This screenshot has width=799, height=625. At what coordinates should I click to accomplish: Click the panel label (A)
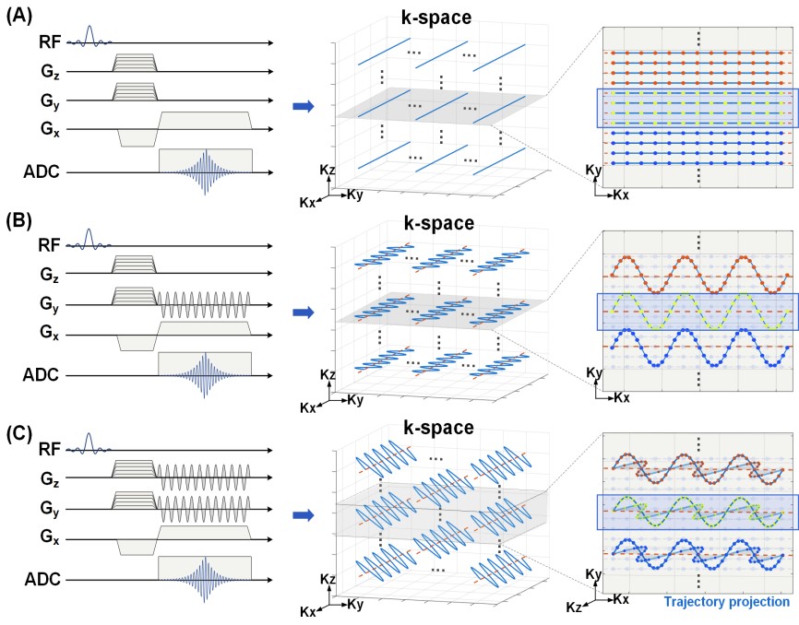(x=18, y=17)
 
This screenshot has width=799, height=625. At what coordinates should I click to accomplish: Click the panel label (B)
(x=18, y=221)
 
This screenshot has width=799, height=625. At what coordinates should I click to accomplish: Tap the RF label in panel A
(x=50, y=42)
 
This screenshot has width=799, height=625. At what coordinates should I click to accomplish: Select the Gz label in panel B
(x=50, y=275)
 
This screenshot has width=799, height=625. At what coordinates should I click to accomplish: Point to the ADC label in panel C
(x=42, y=579)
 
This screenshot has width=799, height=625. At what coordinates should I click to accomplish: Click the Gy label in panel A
(x=50, y=100)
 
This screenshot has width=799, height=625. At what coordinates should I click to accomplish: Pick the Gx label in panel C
(x=50, y=537)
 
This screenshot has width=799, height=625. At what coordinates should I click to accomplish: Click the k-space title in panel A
(x=436, y=18)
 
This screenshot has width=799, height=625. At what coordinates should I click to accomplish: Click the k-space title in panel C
(x=439, y=428)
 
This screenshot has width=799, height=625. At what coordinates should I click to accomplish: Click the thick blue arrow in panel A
(x=304, y=106)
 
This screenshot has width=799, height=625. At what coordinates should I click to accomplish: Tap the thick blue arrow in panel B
(x=304, y=312)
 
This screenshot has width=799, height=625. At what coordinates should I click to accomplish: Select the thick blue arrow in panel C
(x=304, y=515)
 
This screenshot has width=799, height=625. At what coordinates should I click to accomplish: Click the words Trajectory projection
(x=727, y=602)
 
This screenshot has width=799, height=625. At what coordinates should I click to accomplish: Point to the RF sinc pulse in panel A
(x=89, y=37)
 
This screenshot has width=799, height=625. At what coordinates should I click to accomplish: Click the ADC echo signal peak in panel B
(x=205, y=374)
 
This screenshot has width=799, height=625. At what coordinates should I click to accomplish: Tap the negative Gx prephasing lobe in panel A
(x=138, y=137)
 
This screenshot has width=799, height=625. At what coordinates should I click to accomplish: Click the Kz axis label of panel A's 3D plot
(x=328, y=170)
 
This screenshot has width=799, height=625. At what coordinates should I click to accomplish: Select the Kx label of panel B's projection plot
(x=622, y=397)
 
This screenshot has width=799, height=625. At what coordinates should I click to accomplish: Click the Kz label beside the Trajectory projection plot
(x=574, y=607)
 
